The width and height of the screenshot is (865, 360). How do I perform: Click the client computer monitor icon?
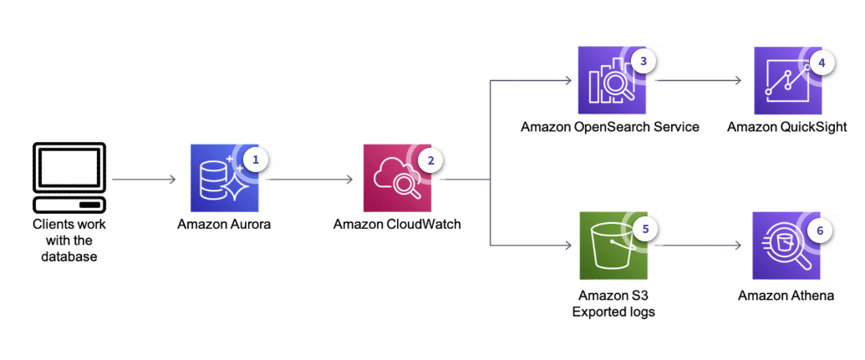pyautogui.click(x=69, y=178)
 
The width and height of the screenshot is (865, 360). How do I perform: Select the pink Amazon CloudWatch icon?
pyautogui.click(x=396, y=178)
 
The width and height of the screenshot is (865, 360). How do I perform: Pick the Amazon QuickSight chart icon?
pyautogui.click(x=787, y=81)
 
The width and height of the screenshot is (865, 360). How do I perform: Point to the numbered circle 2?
pyautogui.click(x=429, y=159)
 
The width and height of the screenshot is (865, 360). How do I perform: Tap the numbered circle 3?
pyautogui.click(x=643, y=62)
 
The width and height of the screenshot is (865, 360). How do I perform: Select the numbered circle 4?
pyautogui.click(x=821, y=62)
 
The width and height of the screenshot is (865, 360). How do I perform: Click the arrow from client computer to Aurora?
pyautogui.click(x=144, y=179)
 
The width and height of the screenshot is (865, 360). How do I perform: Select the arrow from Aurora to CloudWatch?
pyautogui.click(x=309, y=179)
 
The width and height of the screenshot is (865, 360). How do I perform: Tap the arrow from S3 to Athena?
pyautogui.click(x=700, y=246)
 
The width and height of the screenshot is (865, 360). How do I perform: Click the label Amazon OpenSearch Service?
pyautogui.click(x=610, y=127)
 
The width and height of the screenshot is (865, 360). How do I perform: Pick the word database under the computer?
pyautogui.click(x=69, y=256)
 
